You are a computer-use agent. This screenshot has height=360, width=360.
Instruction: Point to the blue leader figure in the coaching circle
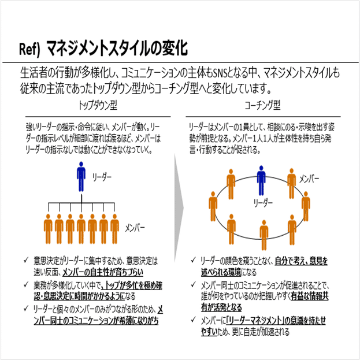click(262, 180)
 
